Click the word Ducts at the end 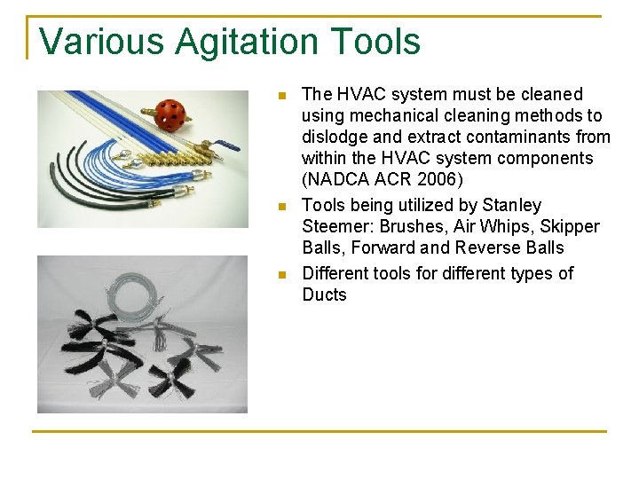pos(324,294)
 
